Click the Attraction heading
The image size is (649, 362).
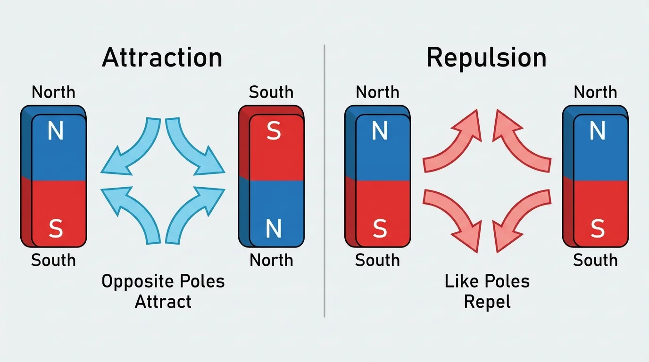162,58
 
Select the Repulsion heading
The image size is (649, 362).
486,58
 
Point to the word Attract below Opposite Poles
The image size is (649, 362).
163,301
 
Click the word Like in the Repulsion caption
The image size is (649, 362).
462,282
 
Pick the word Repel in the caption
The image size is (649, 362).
487,302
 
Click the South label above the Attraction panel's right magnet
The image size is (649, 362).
271,92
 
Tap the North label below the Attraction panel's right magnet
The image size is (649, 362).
271,260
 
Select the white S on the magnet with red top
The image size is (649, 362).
274,132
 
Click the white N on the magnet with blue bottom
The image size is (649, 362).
274,230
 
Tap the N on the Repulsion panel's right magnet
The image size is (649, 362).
597,132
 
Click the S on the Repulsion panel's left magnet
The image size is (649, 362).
380,230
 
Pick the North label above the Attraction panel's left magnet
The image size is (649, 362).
53,92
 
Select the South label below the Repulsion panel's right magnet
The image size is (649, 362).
595,260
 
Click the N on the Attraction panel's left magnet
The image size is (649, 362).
56,132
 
